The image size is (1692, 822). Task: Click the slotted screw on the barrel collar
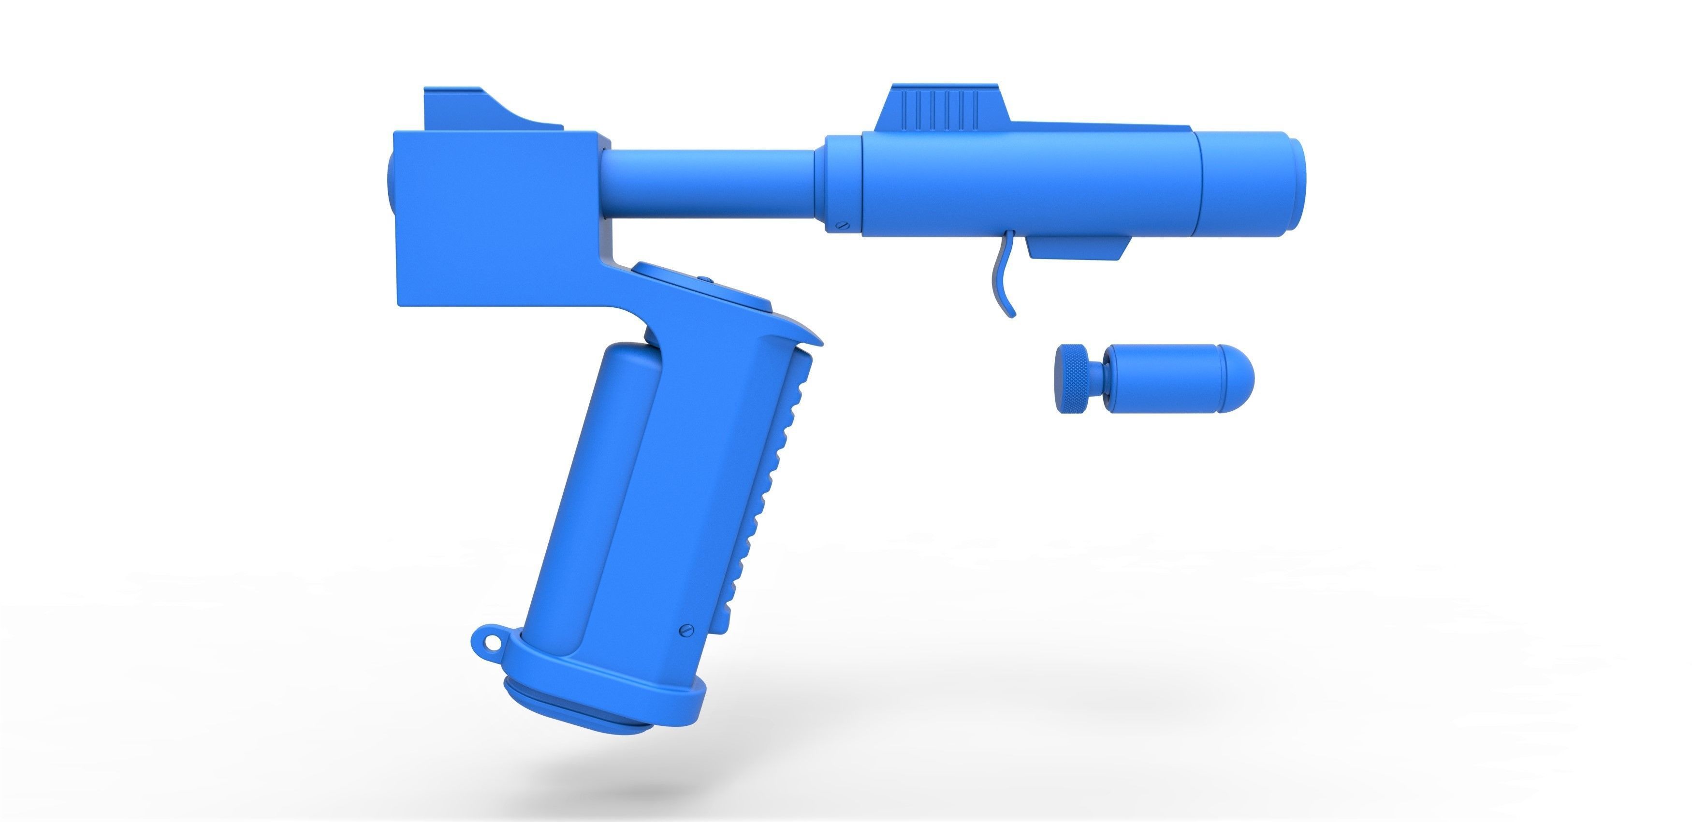coord(841,225)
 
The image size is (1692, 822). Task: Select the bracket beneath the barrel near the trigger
coord(1077,248)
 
